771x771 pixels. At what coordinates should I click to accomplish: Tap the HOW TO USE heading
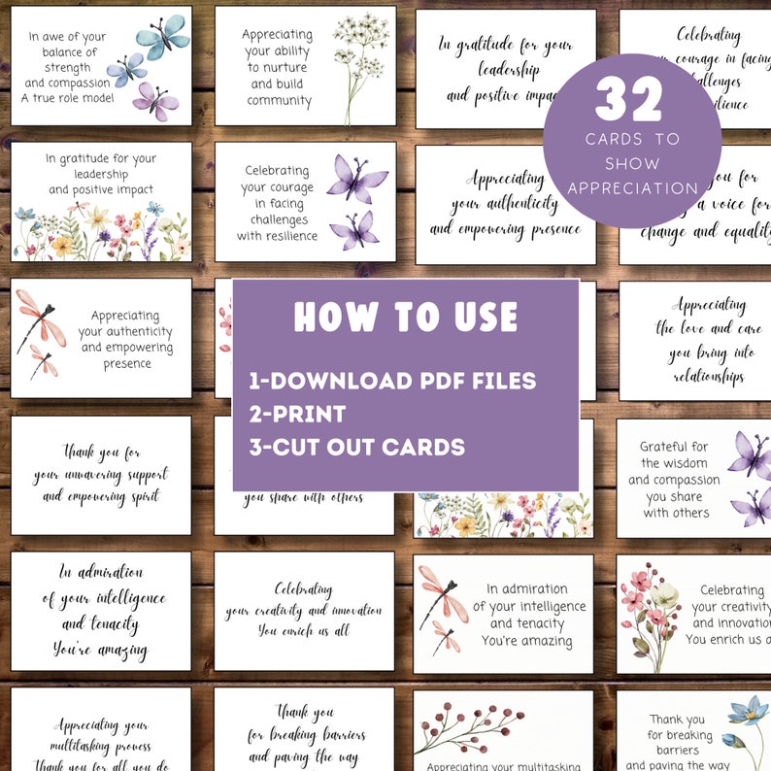coord(405,317)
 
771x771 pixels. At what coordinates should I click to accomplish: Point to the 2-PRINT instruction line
coord(297,414)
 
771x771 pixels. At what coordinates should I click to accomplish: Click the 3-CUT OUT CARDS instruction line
coord(356,448)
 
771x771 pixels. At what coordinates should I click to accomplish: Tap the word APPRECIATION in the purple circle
coord(633,188)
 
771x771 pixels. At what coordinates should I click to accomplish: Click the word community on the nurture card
coord(280,100)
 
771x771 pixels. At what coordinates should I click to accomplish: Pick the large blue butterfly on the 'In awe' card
coord(161,36)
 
